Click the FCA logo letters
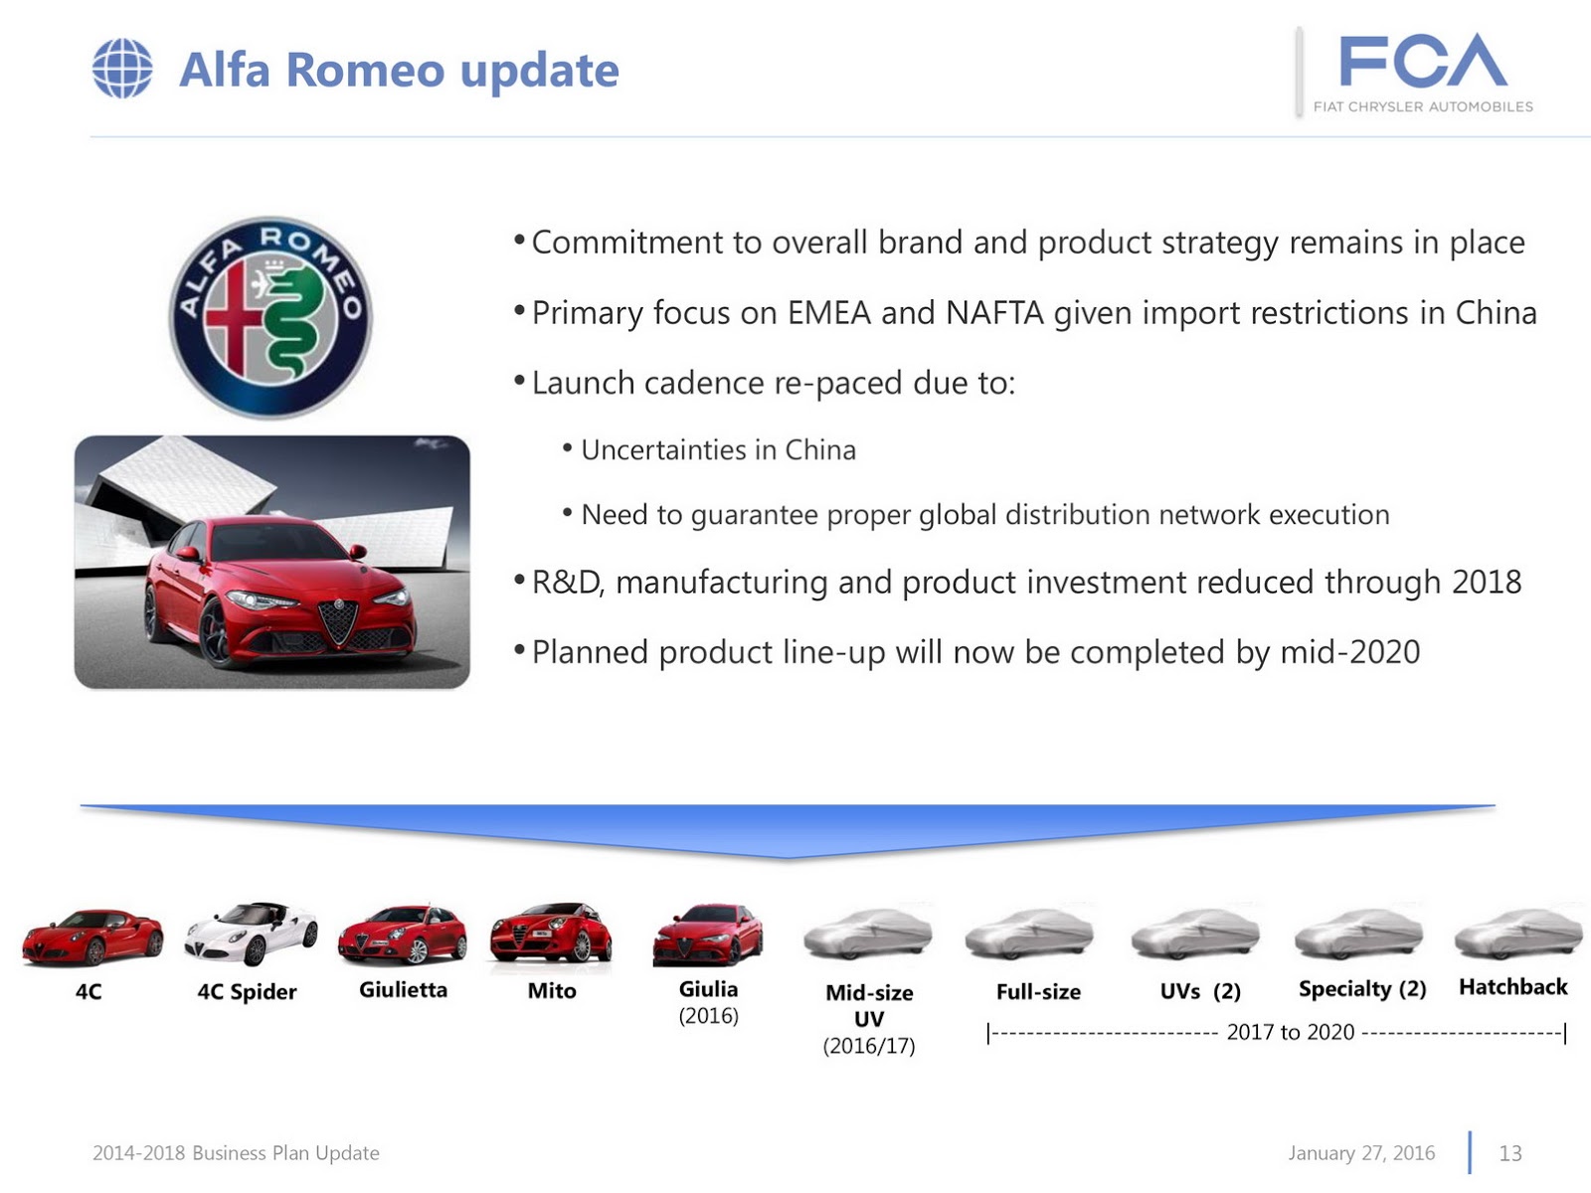(1422, 62)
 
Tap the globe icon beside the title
(122, 69)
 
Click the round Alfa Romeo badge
(270, 317)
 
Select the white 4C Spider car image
(251, 933)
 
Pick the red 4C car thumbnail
(92, 937)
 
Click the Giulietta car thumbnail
(403, 935)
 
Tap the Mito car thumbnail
(551, 935)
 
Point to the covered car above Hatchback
(1517, 933)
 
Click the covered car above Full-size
(1029, 935)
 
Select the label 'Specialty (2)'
(1362, 989)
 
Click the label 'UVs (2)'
(1200, 991)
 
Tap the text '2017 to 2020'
(1290, 1032)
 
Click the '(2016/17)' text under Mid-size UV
(868, 1046)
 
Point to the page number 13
(1510, 1153)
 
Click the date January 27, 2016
(1361, 1153)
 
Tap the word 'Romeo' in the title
(365, 71)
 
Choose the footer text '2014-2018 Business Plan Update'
(236, 1153)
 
